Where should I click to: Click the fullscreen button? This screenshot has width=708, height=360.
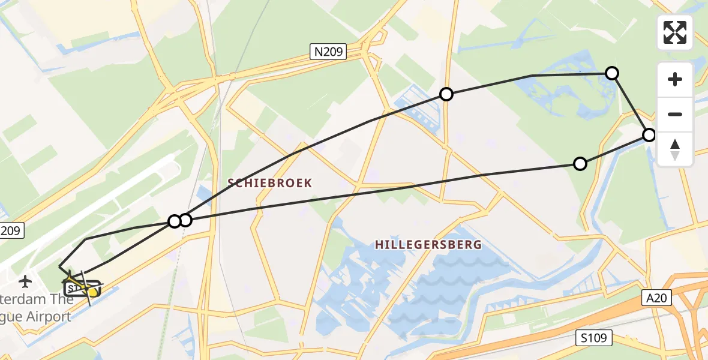coord(675,32)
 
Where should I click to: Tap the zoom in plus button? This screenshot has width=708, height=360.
coord(675,79)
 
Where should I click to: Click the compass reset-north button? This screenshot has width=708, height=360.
coord(675,149)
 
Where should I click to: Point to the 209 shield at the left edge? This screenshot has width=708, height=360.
coord(10,230)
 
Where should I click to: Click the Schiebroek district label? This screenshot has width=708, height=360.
coord(270,183)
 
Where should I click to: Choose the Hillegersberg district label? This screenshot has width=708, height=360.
coord(428,245)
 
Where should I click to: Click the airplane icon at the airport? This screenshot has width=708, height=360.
coord(25,281)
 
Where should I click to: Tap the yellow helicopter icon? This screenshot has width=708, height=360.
coord(90,291)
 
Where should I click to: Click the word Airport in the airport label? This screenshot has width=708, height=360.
coord(51,317)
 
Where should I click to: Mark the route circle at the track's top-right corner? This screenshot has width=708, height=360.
coord(611,73)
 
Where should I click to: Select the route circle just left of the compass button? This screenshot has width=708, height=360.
coord(649,135)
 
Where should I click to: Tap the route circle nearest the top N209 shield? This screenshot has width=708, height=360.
coord(446,94)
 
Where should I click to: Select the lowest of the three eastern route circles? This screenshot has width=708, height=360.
coord(580,164)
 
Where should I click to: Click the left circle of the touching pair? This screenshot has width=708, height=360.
coord(174,221)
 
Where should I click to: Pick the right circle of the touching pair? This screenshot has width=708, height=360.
coord(185,220)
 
